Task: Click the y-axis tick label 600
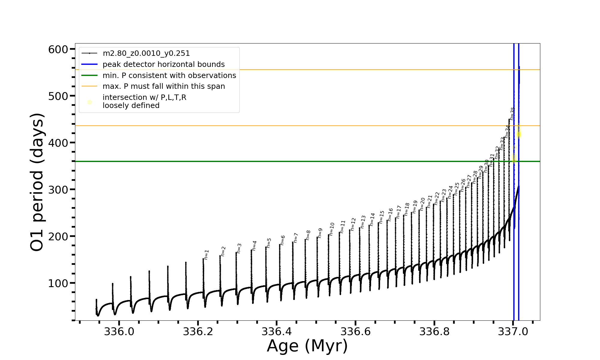point(58,49)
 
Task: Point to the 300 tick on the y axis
point(58,190)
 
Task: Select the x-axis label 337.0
point(513,331)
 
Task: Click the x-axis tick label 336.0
point(119,331)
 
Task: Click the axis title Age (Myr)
point(307,346)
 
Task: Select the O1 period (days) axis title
point(37,182)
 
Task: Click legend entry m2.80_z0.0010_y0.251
point(146,53)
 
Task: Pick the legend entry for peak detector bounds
point(163,64)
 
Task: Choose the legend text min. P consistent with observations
point(169,76)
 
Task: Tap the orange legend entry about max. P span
point(163,86)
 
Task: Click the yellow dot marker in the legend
point(89,102)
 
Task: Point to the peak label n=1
point(206,255)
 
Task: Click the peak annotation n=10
point(331,229)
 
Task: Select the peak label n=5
point(269,243)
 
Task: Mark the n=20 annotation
point(422,204)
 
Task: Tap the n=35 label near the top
point(512,113)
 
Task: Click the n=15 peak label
point(382,217)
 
